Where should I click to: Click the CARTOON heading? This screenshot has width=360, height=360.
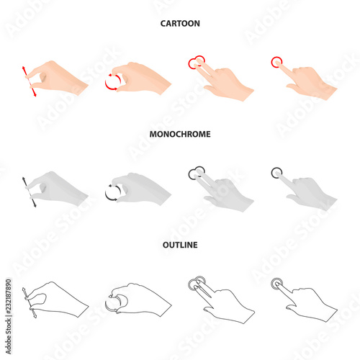click(180, 24)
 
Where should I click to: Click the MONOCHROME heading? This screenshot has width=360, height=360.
click(180, 134)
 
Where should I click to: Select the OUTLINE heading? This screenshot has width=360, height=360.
click(180, 245)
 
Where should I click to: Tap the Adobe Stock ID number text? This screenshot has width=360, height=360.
click(9, 316)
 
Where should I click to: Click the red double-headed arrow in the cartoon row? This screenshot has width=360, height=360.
click(30, 81)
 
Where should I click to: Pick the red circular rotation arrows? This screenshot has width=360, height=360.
click(113, 83)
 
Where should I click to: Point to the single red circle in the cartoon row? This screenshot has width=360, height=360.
click(276, 62)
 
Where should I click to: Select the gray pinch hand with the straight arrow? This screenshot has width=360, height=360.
click(58, 188)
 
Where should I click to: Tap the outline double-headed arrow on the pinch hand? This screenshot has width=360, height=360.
click(28, 303)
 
